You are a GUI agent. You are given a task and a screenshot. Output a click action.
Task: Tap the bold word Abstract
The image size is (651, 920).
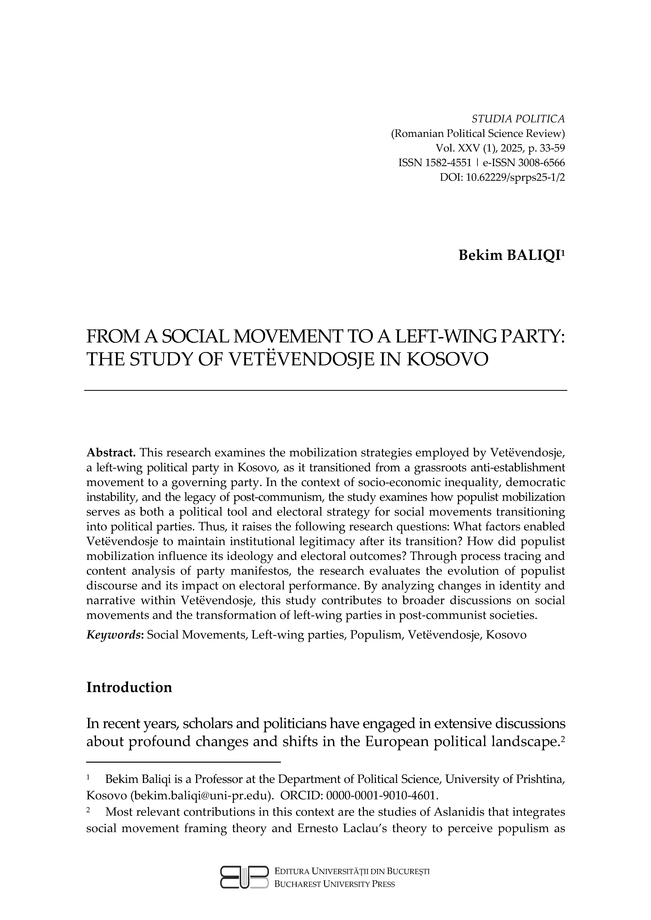click(111, 453)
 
